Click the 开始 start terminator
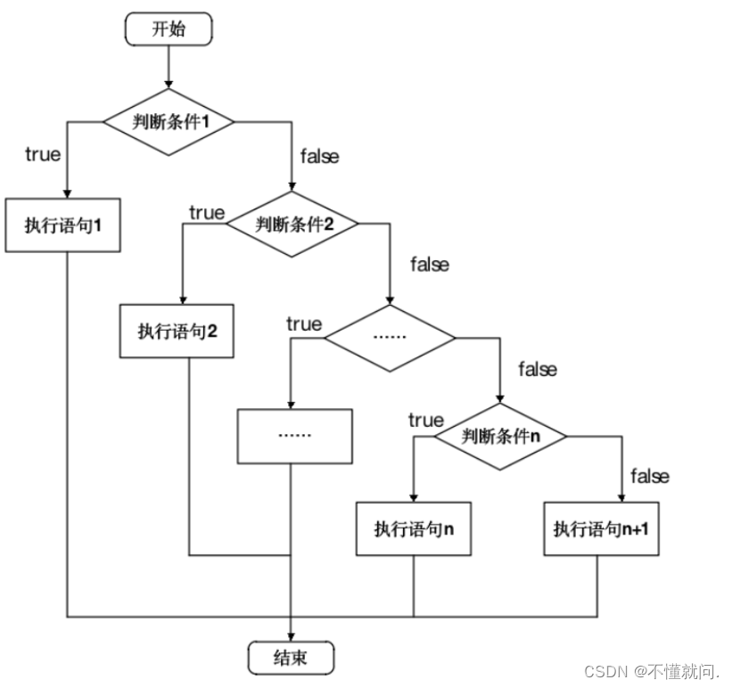(169, 29)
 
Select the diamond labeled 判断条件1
(169, 122)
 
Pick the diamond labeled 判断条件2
(292, 224)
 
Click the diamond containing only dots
(390, 338)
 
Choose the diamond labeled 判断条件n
(501, 437)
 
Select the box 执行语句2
(179, 332)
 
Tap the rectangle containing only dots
(294, 436)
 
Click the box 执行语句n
(414, 528)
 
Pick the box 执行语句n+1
(601, 528)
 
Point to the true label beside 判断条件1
(43, 154)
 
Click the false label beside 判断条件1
(318, 156)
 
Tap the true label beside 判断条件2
(207, 212)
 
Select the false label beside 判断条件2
(429, 264)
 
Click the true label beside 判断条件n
(425, 419)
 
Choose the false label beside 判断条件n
(649, 476)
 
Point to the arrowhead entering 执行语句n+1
(621, 497)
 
